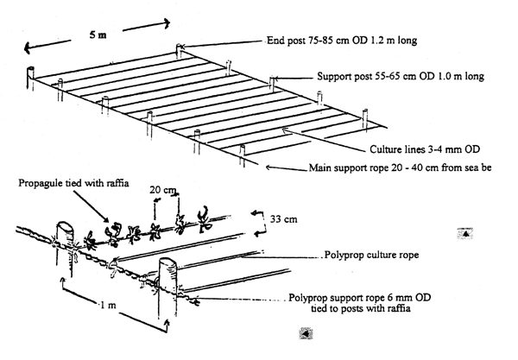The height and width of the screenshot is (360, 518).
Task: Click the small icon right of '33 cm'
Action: [465, 232]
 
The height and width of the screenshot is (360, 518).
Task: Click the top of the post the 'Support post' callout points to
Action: [273, 79]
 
